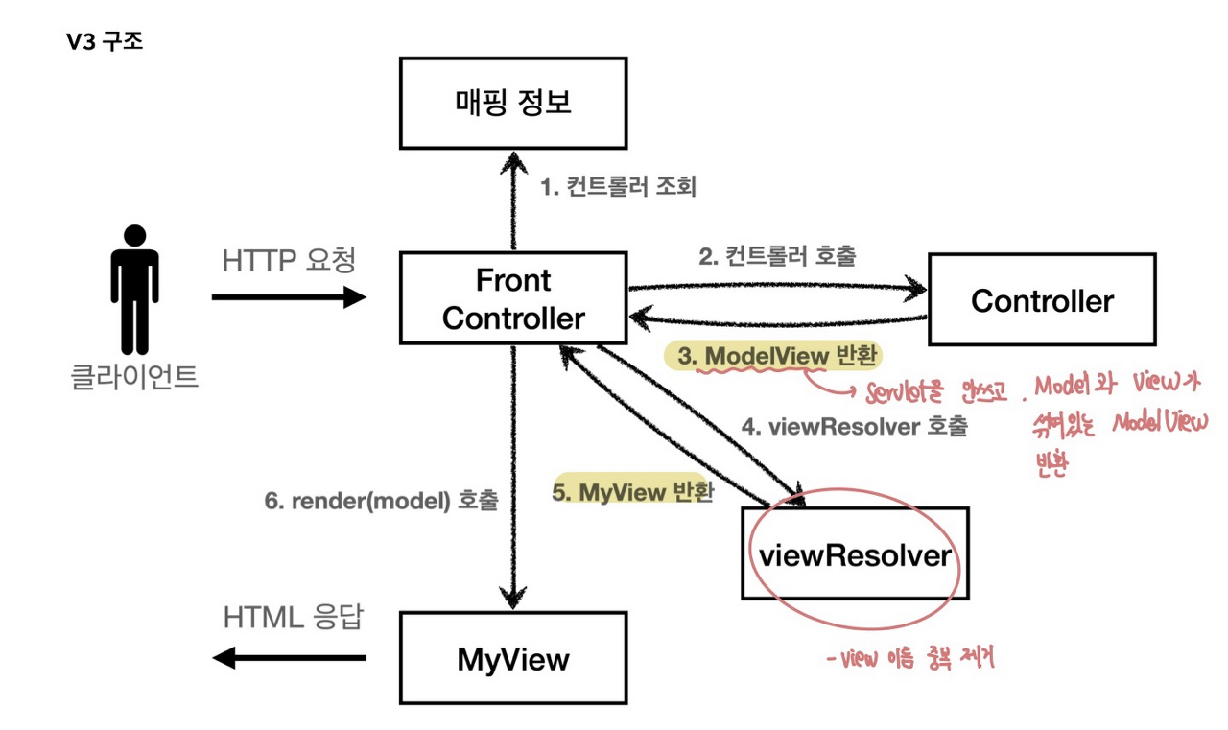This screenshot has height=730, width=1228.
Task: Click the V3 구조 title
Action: point(105,42)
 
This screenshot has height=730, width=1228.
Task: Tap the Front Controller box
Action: point(513,298)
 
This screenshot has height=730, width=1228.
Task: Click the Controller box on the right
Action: point(1041,300)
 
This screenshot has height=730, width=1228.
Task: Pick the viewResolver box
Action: point(855,553)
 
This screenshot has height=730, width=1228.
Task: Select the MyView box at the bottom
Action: point(513,659)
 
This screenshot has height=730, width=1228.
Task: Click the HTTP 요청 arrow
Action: point(288,297)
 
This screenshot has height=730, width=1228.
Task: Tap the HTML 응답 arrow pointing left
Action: point(288,658)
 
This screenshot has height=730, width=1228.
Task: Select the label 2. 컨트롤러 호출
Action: point(776,256)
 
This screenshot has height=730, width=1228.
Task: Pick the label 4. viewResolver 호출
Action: point(855,427)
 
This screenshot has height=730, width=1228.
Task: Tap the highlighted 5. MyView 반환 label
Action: point(632,492)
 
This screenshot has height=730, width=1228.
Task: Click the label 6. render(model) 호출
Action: point(381,500)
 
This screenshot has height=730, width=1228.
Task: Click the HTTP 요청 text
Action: point(288,260)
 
